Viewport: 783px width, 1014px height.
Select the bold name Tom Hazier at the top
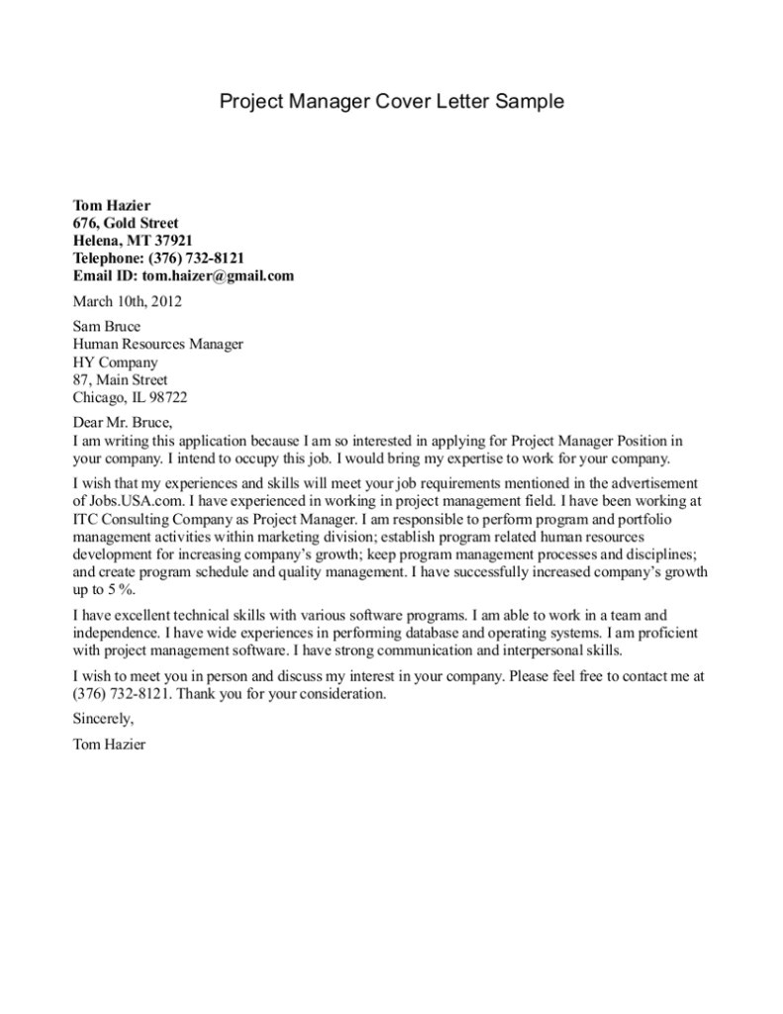[112, 205]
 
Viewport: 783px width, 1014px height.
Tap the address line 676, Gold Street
[126, 223]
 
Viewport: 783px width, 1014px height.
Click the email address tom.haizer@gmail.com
[218, 276]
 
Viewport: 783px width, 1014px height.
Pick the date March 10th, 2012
[128, 301]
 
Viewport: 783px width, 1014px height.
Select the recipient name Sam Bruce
[107, 326]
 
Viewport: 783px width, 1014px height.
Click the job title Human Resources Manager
[158, 344]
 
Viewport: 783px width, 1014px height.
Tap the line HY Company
[115, 361]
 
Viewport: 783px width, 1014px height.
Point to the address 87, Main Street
[121, 379]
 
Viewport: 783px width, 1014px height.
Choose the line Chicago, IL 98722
[130, 397]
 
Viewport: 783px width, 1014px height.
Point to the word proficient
[665, 632]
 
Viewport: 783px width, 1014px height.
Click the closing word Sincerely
[103, 719]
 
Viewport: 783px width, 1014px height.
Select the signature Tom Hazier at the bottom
[109, 744]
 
